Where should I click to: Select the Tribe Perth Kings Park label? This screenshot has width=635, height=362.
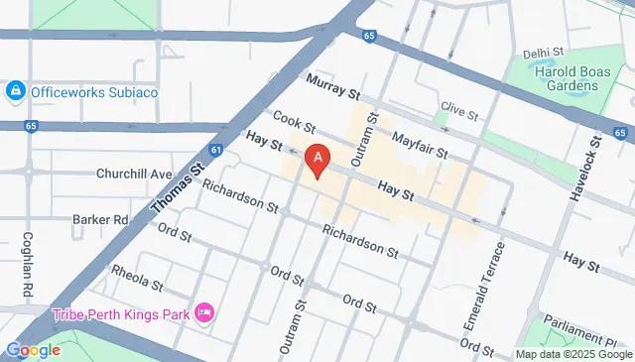(x=122, y=313)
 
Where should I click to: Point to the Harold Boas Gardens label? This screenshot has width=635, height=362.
(x=561, y=76)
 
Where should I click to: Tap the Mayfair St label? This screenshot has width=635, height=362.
(x=421, y=146)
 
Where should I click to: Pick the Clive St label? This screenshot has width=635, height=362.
(x=459, y=107)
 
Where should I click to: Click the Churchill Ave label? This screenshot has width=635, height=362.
(x=134, y=174)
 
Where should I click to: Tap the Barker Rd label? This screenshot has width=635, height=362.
(x=101, y=218)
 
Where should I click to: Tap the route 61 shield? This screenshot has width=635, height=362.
(x=216, y=151)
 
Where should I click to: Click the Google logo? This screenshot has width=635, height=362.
(x=33, y=349)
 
